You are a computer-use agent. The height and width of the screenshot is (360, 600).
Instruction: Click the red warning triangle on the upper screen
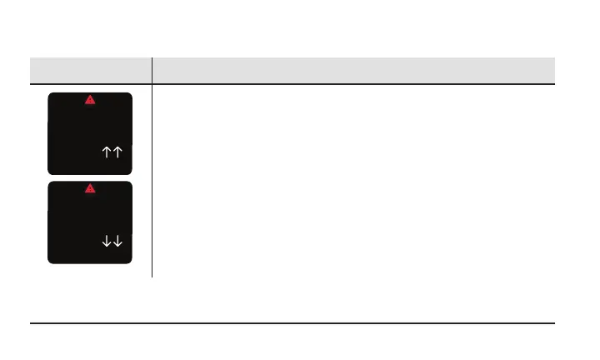[x=90, y=100]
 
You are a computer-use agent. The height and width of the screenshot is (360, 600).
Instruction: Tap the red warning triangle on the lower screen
[x=90, y=188]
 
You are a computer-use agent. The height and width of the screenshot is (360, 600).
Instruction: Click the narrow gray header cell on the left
[x=90, y=70]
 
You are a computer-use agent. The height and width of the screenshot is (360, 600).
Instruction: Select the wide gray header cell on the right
[x=354, y=70]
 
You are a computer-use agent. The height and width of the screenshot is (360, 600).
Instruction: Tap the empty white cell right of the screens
[x=354, y=179]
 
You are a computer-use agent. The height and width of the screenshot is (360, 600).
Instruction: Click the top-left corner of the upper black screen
[x=50, y=95]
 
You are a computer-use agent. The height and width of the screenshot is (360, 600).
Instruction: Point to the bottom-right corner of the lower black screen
[x=130, y=262]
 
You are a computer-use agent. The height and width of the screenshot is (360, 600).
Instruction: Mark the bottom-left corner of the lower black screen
[x=50, y=262]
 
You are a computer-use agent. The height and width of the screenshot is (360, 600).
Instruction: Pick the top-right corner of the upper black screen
[x=130, y=95]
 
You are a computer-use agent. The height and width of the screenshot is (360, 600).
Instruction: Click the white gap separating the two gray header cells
[x=152, y=70]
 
